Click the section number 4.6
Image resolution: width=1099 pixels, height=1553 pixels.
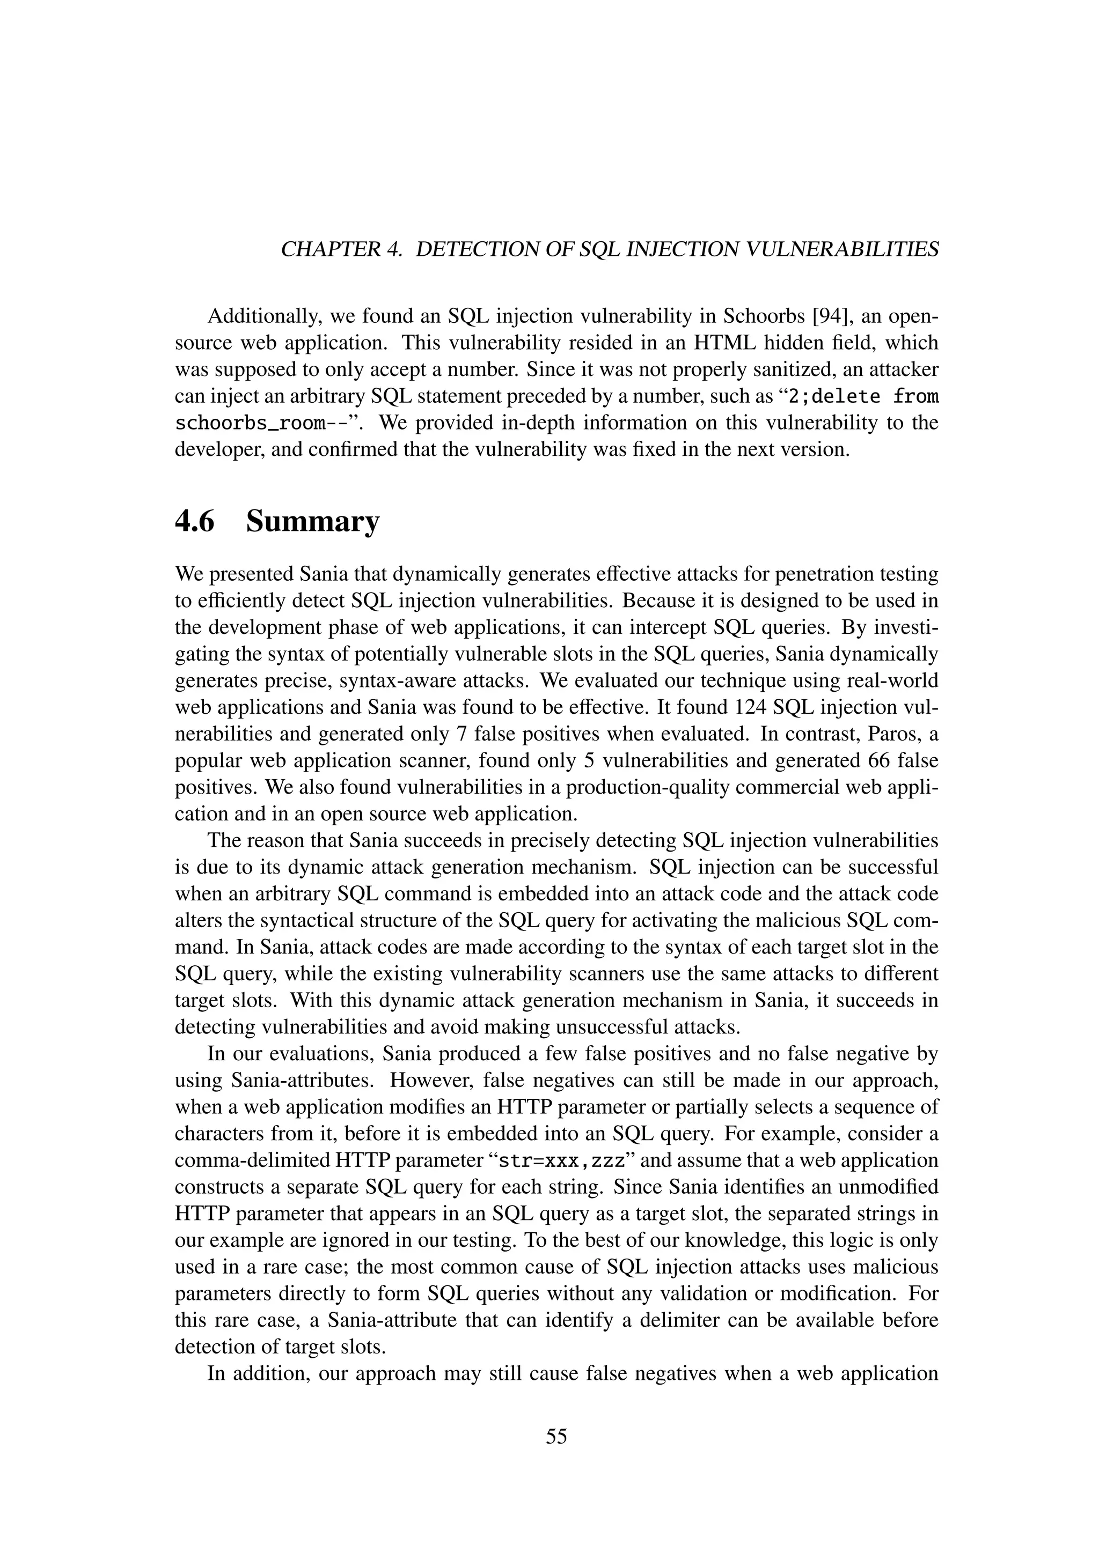tap(194, 521)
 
